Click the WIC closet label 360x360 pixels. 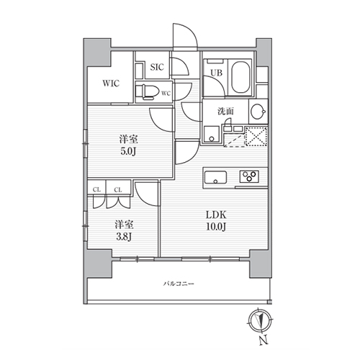(111, 84)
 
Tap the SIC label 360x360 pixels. (157, 67)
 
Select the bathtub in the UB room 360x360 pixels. (240, 77)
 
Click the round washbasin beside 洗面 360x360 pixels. (258, 112)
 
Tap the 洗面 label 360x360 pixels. (225, 112)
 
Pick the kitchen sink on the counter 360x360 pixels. (215, 178)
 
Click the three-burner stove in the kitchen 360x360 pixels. (249, 176)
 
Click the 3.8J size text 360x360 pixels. (124, 237)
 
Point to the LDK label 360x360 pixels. (216, 215)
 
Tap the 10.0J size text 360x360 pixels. (216, 226)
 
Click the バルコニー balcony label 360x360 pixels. (179, 284)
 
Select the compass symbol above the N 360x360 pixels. (260, 321)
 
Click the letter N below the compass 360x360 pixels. (263, 340)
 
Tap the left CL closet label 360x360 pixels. (96, 190)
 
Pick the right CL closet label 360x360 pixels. (118, 190)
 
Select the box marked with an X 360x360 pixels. (256, 136)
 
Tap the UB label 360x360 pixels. (217, 73)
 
